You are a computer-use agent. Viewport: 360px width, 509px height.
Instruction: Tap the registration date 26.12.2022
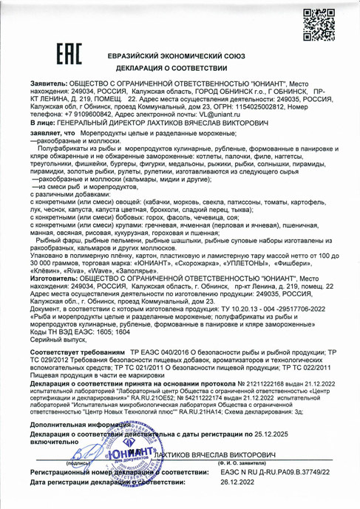[242, 482]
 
